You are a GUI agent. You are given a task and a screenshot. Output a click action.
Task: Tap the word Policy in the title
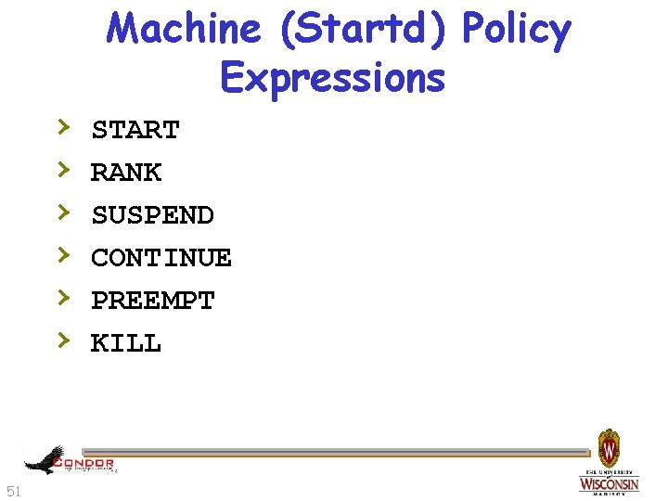point(516,31)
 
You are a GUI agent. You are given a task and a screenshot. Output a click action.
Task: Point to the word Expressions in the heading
point(333,78)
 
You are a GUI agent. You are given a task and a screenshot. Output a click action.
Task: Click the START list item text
point(135,131)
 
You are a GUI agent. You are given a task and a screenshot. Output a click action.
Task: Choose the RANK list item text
point(126,173)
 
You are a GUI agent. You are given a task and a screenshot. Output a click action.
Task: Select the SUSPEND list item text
point(153,216)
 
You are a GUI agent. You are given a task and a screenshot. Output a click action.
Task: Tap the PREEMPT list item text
point(153,302)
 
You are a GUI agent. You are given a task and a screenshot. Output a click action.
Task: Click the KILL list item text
point(126,344)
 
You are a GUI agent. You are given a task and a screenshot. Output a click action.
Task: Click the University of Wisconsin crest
point(609,448)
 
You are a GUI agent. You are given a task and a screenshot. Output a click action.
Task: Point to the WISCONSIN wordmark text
point(610,484)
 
